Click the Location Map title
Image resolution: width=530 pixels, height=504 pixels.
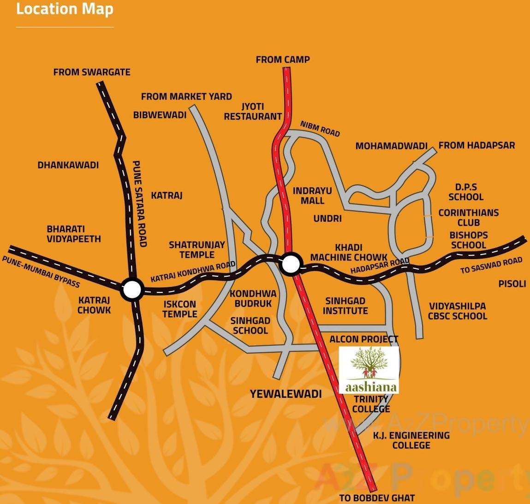(x=65, y=9)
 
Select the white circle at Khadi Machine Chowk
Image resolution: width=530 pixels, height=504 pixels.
(x=291, y=264)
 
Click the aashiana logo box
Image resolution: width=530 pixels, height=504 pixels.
(x=369, y=370)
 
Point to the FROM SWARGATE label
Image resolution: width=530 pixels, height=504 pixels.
(x=92, y=72)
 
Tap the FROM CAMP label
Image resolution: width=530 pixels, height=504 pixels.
(x=283, y=59)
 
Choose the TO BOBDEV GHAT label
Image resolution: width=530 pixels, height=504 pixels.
(x=377, y=498)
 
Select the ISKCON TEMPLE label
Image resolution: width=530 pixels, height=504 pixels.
(x=180, y=309)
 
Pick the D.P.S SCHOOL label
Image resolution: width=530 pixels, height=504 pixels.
(x=466, y=192)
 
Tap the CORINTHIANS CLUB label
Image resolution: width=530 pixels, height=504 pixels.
(x=468, y=217)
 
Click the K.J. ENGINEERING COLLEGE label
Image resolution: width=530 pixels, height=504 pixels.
(x=411, y=440)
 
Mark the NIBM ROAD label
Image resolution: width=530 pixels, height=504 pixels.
(x=320, y=129)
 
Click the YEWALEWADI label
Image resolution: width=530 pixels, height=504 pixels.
(x=286, y=394)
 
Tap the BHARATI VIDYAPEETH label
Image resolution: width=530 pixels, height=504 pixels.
(x=74, y=234)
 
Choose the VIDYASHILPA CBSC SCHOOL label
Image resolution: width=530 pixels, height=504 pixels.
(x=457, y=311)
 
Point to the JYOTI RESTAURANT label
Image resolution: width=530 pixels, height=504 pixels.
(x=253, y=112)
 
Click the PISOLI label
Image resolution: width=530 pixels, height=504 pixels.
(x=512, y=284)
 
